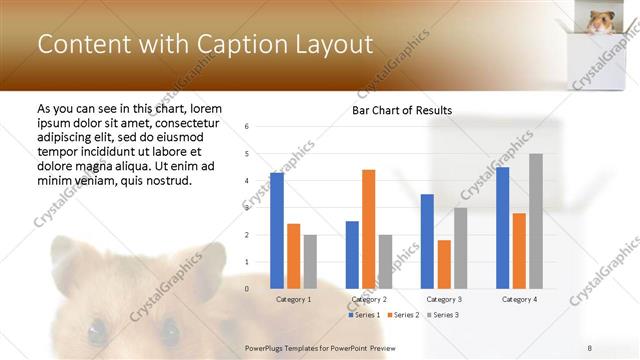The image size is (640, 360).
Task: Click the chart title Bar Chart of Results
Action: pos(401,110)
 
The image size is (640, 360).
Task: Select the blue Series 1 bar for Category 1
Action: pos(277,230)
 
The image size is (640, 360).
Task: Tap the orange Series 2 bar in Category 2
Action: pos(368,229)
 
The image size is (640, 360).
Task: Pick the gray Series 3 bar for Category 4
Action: pos(536,221)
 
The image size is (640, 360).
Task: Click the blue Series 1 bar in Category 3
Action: pos(427,241)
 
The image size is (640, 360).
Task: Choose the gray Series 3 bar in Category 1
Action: pos(310,261)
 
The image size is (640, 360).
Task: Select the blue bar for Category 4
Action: pos(502,227)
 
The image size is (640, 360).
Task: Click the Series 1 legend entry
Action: pos(364,315)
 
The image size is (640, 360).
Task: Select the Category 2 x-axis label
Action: pos(369,299)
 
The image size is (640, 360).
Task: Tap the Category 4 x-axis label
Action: pos(519,299)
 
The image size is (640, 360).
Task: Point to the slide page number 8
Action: pos(589,347)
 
